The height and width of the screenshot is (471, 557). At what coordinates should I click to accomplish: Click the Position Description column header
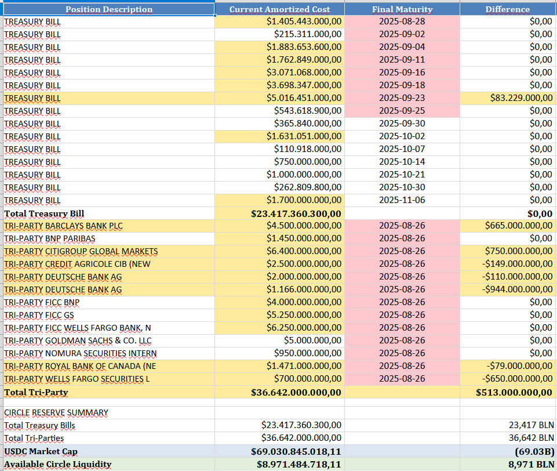(x=109, y=10)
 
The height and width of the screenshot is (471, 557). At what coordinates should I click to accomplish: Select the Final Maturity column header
(x=402, y=10)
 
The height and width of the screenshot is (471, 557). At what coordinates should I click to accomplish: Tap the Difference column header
(x=508, y=10)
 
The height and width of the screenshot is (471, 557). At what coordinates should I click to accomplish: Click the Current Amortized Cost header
(x=279, y=10)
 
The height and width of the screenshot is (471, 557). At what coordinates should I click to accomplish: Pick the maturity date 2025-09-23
(x=402, y=98)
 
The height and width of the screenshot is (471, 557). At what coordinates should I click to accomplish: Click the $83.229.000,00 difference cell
(x=521, y=98)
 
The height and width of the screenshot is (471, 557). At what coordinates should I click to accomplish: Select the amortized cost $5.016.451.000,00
(x=304, y=98)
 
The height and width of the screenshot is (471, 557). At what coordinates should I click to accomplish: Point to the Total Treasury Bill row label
(x=44, y=213)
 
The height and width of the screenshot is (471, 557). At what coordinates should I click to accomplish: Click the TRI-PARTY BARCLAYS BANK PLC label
(x=63, y=226)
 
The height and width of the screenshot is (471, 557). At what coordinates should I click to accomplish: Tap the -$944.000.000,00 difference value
(x=517, y=289)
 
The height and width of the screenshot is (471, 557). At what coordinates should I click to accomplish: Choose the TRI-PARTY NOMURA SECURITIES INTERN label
(x=81, y=353)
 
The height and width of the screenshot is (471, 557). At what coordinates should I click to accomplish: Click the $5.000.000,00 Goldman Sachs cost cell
(x=312, y=340)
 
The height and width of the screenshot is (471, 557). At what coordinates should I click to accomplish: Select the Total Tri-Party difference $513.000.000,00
(x=514, y=393)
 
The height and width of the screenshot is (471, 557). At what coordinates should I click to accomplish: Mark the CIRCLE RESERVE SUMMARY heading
(x=56, y=412)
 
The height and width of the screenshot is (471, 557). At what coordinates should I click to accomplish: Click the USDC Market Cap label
(x=41, y=451)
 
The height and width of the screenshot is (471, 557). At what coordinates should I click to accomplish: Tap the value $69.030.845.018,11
(x=296, y=451)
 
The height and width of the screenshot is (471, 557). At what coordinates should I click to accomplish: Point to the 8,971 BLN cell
(x=531, y=464)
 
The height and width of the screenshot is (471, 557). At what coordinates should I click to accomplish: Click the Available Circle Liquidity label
(x=57, y=464)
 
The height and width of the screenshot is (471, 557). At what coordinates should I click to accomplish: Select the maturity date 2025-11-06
(x=402, y=200)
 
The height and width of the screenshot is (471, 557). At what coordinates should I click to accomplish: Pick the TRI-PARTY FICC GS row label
(x=39, y=316)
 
